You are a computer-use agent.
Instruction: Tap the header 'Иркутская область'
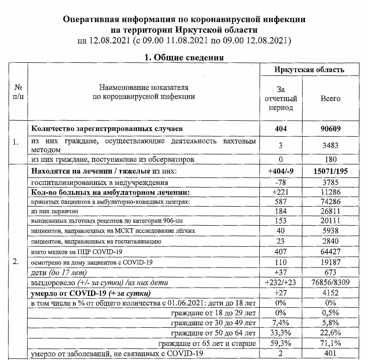[309, 70]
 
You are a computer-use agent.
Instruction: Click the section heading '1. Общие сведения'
[183, 57]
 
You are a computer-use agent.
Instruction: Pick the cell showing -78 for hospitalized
[281, 183]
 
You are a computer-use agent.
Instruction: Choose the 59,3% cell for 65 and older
[281, 343]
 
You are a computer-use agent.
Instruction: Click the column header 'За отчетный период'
[281, 99]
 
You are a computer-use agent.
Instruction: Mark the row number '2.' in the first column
[16, 262]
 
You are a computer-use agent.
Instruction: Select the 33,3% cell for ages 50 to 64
[281, 333]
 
